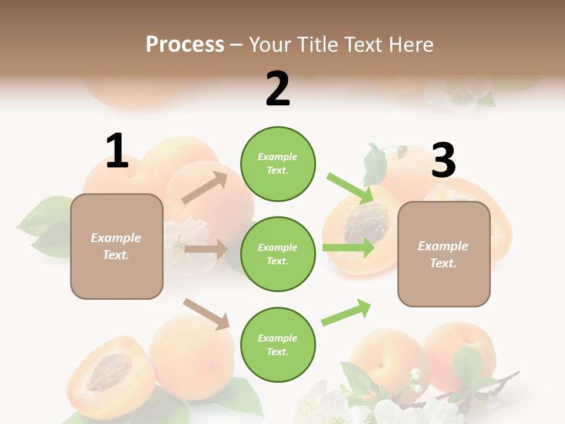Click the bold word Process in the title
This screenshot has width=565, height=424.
coord(185,45)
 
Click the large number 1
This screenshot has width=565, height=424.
coord(117,151)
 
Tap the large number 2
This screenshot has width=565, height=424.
coord(278,89)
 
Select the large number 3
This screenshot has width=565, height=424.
coord(443,160)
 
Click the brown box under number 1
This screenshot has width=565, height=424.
coord(117,246)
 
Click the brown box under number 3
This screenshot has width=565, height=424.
coord(443,254)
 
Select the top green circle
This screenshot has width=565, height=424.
coord(278,164)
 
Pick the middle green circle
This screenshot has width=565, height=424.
coord(278,254)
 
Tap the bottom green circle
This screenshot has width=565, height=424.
coord(278,344)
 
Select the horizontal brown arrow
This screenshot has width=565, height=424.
coord(205,249)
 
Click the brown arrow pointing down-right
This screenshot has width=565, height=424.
coord(207,314)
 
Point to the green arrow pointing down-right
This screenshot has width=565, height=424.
coord(351,188)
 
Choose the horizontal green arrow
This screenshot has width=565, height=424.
coord(348,247)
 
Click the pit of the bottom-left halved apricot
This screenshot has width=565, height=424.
coord(107,372)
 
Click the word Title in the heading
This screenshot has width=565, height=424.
coord(315,45)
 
